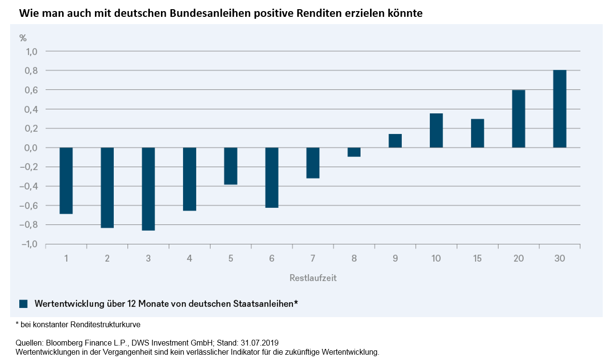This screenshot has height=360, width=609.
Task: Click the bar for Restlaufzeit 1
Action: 66,180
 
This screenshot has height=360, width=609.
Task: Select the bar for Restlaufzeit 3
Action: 148,189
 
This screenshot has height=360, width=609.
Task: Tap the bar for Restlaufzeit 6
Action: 272,177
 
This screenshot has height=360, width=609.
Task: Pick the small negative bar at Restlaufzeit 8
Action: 354,152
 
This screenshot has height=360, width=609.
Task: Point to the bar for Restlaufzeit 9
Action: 395,141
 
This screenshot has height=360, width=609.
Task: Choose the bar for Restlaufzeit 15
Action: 477,133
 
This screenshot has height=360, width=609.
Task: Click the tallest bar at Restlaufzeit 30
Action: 559,109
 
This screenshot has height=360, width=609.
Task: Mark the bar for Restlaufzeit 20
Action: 518,119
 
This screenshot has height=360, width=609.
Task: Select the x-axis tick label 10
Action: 436,259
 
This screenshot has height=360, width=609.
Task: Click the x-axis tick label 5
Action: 231,259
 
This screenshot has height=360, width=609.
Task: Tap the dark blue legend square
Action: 24,304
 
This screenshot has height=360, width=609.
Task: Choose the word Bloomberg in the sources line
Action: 64,343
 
